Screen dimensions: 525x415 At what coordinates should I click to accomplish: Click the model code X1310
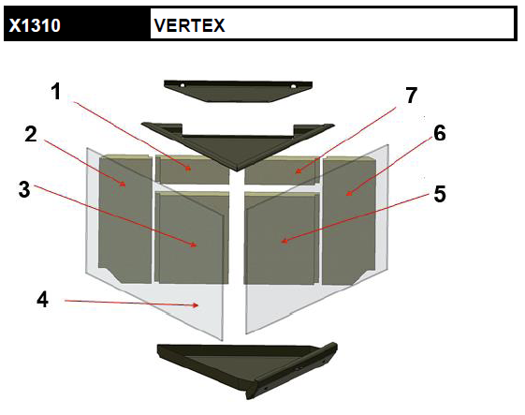click(x=35, y=25)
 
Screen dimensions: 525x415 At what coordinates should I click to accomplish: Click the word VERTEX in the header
click(x=190, y=25)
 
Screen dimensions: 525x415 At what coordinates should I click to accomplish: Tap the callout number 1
click(x=56, y=91)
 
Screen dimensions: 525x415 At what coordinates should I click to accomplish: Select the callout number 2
click(x=31, y=134)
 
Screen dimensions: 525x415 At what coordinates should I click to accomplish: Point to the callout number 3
click(x=24, y=189)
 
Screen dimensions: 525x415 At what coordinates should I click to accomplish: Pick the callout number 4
click(x=42, y=299)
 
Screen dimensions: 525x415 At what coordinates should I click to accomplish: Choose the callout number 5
click(x=440, y=194)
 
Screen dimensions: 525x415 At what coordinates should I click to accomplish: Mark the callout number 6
click(x=440, y=133)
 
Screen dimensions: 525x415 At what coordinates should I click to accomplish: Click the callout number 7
click(x=412, y=96)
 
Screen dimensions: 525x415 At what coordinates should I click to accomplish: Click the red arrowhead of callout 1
click(x=188, y=169)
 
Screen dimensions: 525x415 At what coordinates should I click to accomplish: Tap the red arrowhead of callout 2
click(x=123, y=184)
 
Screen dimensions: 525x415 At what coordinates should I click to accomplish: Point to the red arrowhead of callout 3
click(x=194, y=245)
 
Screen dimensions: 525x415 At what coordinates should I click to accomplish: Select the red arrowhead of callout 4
click(x=196, y=305)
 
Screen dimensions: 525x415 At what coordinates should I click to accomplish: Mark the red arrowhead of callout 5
click(x=284, y=241)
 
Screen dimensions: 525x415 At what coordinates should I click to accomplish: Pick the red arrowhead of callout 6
click(x=349, y=193)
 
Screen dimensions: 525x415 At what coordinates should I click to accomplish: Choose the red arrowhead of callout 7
click(x=299, y=171)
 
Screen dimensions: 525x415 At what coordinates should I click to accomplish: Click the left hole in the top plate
click(x=182, y=85)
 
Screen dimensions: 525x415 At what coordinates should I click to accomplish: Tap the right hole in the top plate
click(x=293, y=86)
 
